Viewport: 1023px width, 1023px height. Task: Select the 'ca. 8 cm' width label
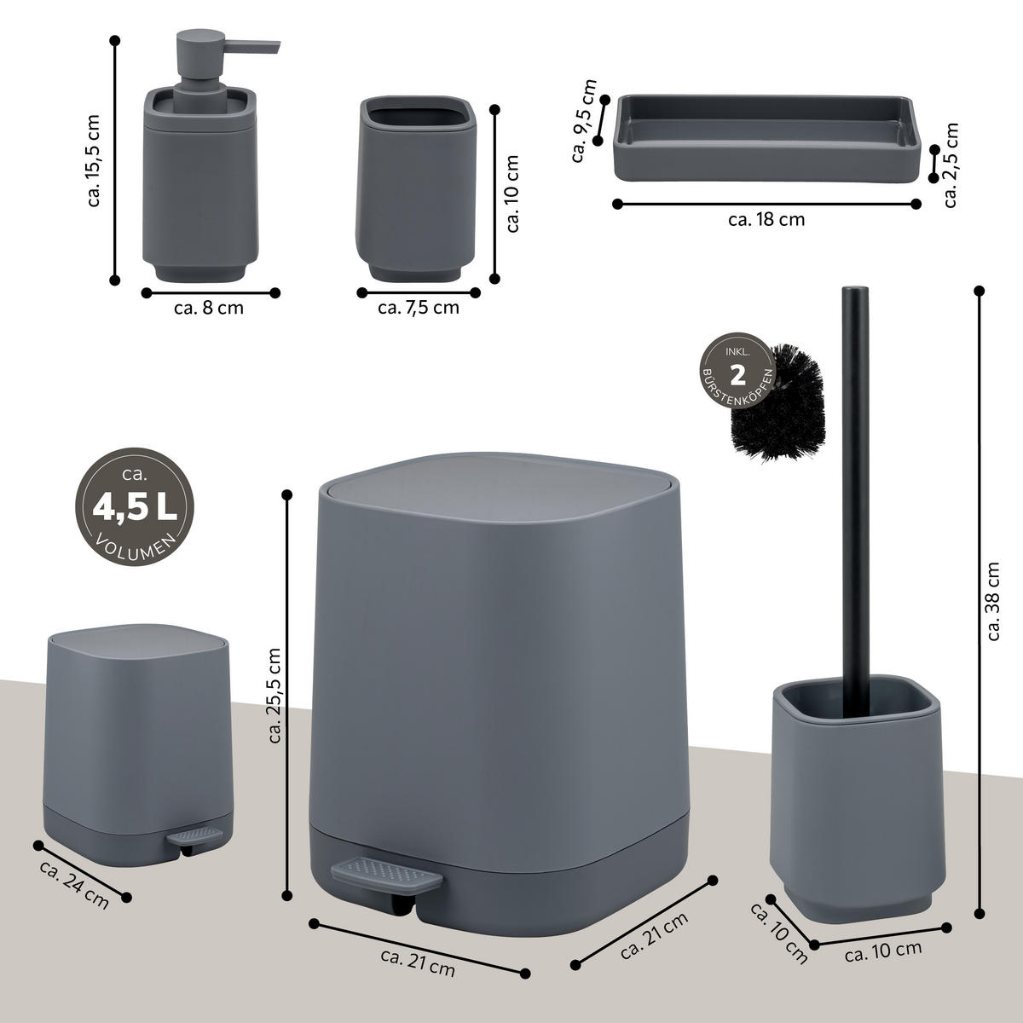(209, 308)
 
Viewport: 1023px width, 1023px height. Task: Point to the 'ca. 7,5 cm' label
(419, 308)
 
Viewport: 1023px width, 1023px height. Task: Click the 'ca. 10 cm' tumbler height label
(511, 194)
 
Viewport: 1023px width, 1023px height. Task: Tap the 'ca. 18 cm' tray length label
(766, 219)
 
